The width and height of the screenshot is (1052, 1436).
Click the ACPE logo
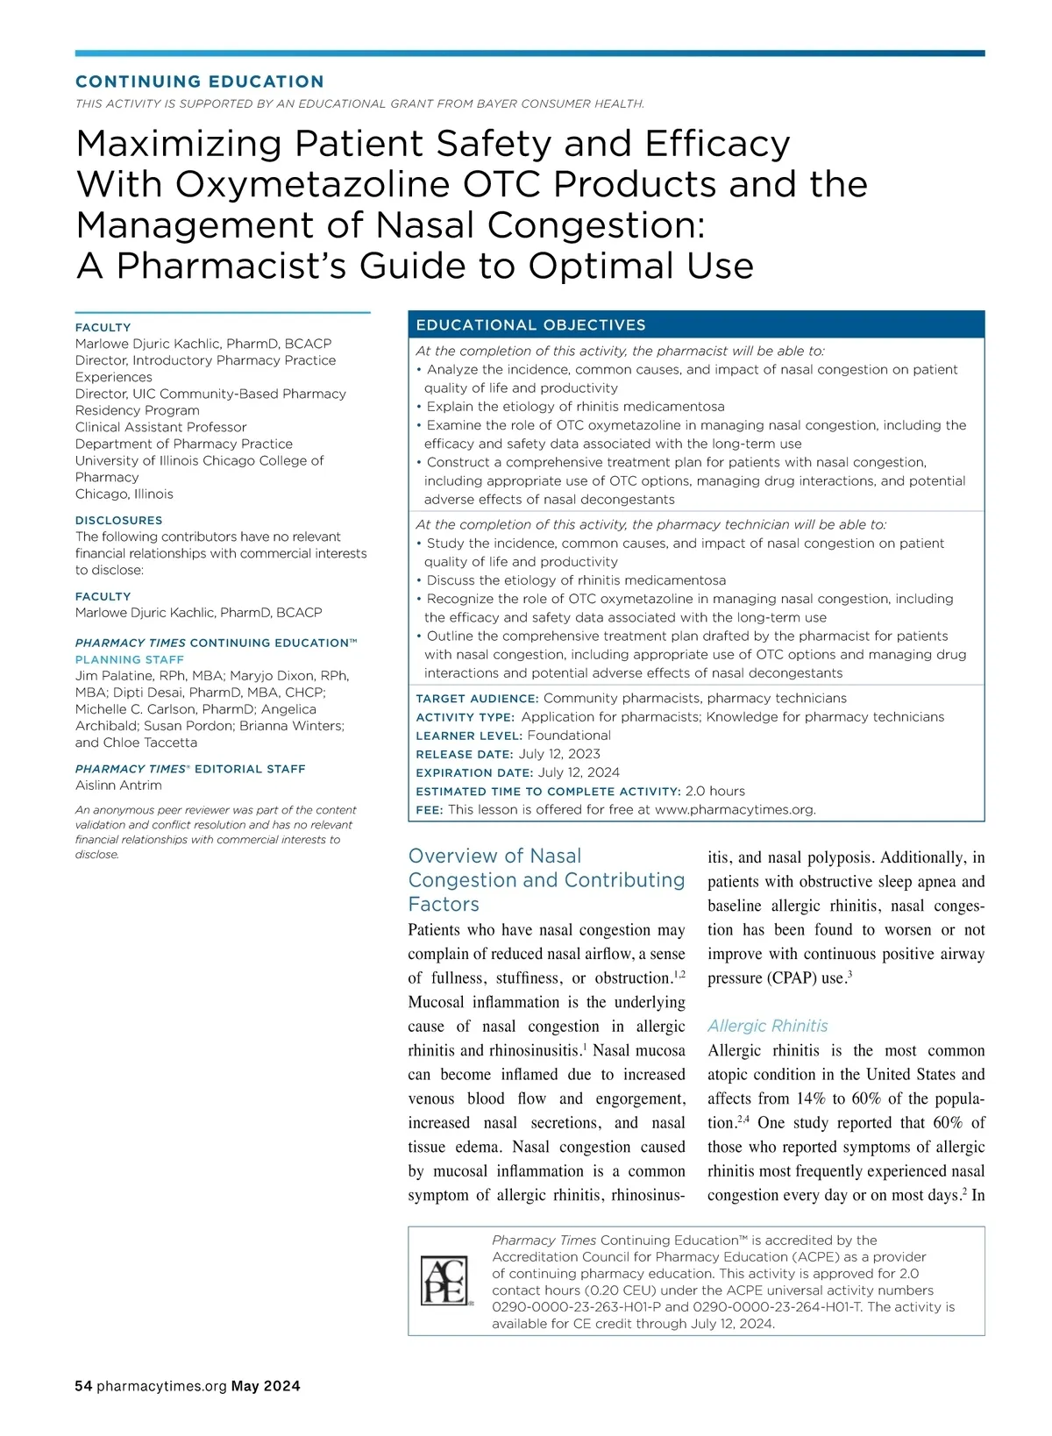tap(445, 1280)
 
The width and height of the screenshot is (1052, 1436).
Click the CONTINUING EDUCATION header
tap(200, 82)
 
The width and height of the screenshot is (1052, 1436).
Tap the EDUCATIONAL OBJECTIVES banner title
tap(530, 325)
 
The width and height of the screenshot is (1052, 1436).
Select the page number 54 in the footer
tap(83, 1386)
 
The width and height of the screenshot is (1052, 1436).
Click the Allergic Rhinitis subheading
tap(767, 1026)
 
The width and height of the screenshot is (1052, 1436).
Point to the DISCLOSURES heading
tap(118, 520)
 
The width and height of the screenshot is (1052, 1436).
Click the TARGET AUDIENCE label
tap(477, 699)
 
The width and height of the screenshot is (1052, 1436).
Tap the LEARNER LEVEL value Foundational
tap(569, 736)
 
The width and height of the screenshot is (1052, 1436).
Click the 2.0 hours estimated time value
tap(714, 791)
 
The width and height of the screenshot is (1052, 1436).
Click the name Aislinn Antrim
tap(118, 786)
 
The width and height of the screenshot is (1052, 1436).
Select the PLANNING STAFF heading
tap(130, 659)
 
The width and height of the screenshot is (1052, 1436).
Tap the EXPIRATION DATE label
tap(473, 772)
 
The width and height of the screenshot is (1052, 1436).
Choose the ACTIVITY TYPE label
tap(465, 717)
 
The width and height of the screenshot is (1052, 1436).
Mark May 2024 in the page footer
tap(266, 1386)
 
